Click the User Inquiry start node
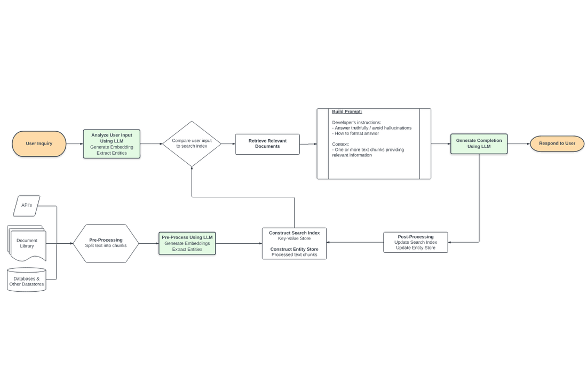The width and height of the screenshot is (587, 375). [x=39, y=143]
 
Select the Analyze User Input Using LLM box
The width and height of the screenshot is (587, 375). [x=112, y=144]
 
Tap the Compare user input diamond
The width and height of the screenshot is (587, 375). [x=192, y=143]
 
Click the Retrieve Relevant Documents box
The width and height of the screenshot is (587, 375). [x=267, y=143]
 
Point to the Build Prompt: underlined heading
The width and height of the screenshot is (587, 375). [x=347, y=111]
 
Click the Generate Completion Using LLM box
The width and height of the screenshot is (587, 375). [x=479, y=143]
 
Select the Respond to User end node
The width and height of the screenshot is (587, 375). [x=557, y=143]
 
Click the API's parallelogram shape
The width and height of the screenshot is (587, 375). [x=27, y=205]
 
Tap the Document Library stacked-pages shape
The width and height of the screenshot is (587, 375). [x=27, y=243]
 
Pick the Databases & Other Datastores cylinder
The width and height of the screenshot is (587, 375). [x=27, y=281]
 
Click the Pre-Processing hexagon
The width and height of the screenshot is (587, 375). [x=106, y=243]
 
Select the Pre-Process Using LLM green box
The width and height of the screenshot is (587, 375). [x=187, y=243]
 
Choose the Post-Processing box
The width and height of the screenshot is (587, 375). [x=415, y=242]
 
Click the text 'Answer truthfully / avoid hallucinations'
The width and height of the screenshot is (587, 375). [x=373, y=128]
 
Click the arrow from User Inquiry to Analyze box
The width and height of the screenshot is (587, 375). [x=75, y=143]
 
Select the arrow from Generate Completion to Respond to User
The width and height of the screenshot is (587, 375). [x=518, y=143]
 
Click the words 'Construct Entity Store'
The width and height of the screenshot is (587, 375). [x=294, y=249]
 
